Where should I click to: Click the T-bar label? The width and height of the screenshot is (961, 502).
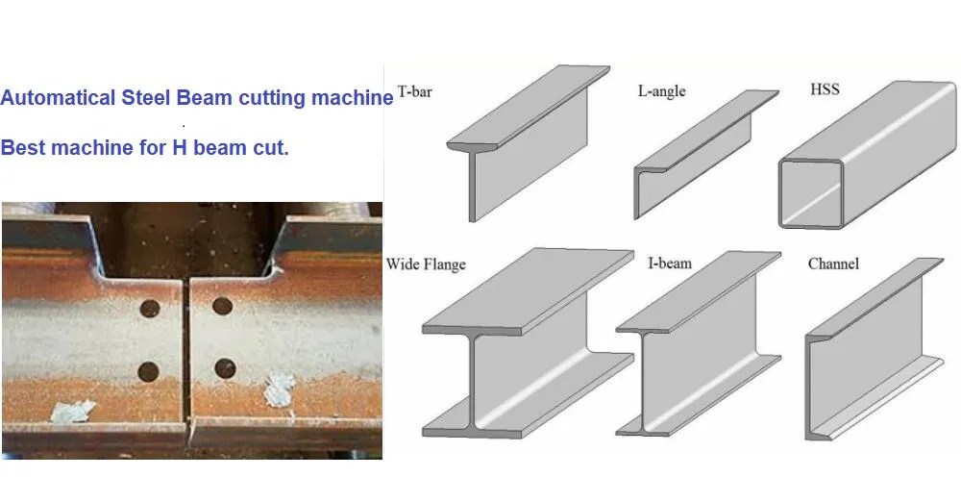pyautogui.click(x=415, y=92)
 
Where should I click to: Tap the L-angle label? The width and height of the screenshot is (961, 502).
pyautogui.click(x=661, y=91)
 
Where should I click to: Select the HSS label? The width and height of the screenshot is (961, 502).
pyautogui.click(x=825, y=89)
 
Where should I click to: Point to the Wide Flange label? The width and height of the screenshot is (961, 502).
pyautogui.click(x=426, y=264)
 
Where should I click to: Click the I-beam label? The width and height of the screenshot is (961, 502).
pyautogui.click(x=670, y=264)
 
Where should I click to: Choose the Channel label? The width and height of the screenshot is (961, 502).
pyautogui.click(x=833, y=264)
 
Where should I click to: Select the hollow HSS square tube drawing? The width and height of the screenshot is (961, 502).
pyautogui.click(x=867, y=155)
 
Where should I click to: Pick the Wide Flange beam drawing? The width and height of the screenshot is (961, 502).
pyautogui.click(x=528, y=342)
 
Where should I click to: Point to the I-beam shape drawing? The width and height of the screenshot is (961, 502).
pyautogui.click(x=698, y=343)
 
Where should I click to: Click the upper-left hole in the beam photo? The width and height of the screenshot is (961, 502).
pyautogui.click(x=150, y=308)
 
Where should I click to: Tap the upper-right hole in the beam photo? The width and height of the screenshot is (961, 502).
pyautogui.click(x=223, y=306)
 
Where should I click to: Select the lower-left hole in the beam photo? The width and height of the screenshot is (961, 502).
pyautogui.click(x=148, y=371)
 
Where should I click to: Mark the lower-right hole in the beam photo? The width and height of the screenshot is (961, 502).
pyautogui.click(x=225, y=368)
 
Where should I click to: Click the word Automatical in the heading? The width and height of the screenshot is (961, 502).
pyautogui.click(x=58, y=97)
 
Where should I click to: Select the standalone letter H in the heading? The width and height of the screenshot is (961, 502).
pyautogui.click(x=180, y=147)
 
